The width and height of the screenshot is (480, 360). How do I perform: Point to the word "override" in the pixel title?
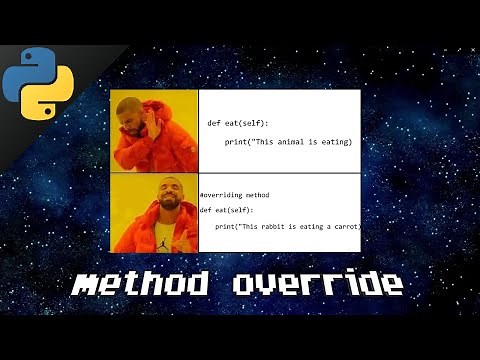coord(317,285)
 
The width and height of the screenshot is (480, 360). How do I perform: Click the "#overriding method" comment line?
coord(235,194)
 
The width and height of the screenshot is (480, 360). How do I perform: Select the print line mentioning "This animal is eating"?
coord(287,142)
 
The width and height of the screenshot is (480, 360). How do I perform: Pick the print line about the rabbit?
coord(287,227)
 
